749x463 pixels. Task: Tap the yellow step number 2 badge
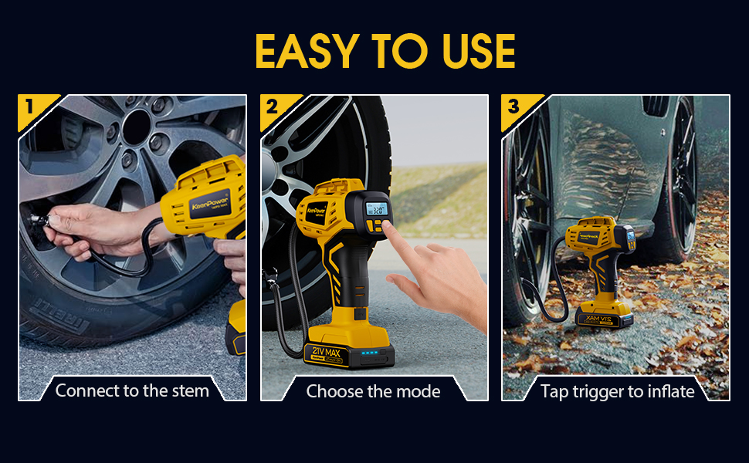[271, 106]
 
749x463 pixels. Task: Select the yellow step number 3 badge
[513, 106]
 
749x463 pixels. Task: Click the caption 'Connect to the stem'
[132, 390]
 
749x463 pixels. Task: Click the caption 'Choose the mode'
[374, 391]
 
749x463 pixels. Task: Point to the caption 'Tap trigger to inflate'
[617, 391]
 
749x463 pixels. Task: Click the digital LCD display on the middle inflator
[377, 210]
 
